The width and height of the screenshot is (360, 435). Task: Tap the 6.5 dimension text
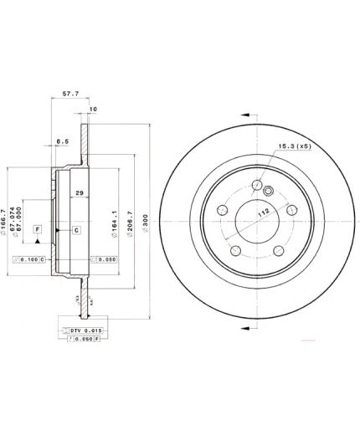62,141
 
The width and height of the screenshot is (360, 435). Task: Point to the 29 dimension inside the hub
79,193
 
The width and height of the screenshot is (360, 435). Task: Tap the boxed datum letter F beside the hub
37,228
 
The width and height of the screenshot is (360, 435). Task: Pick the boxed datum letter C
76,228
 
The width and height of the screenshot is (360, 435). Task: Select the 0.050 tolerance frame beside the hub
102,260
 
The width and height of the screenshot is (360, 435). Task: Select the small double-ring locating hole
269,191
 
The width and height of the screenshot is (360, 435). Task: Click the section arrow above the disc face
246,116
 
